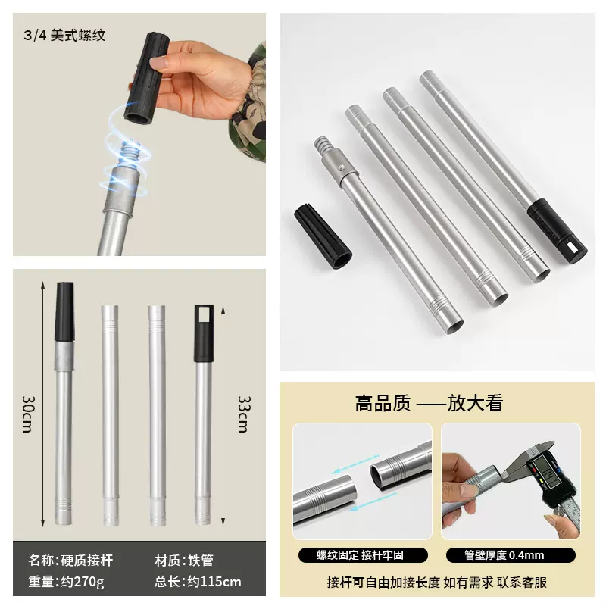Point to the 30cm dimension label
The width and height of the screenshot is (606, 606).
coord(27,414)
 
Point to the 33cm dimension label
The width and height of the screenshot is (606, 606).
coord(243,414)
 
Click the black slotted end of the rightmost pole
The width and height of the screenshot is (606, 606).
coord(558,231)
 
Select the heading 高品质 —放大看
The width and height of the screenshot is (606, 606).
coord(429,403)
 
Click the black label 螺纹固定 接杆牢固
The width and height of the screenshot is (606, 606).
coord(361,555)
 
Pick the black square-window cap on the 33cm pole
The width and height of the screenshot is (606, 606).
coord(202,333)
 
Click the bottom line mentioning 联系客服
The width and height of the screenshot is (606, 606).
coord(436,582)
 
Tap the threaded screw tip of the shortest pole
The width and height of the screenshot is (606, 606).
coord(323,144)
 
